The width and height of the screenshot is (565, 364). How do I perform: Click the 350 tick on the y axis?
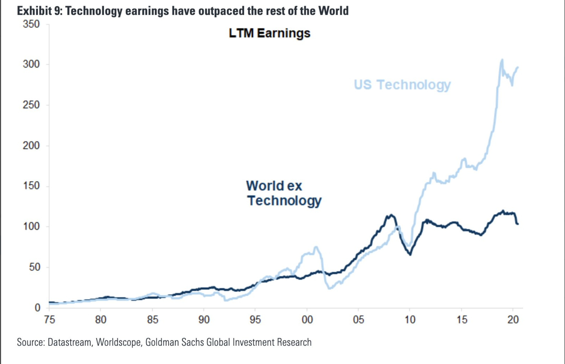(31, 24)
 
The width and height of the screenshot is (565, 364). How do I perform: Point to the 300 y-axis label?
(31, 64)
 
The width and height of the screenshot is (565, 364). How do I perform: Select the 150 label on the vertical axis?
(31, 186)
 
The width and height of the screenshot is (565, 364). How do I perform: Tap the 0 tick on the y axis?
(37, 308)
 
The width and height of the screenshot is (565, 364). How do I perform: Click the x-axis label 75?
(49, 320)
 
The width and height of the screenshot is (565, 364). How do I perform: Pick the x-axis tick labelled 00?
(307, 320)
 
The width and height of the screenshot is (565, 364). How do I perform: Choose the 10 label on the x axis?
(410, 320)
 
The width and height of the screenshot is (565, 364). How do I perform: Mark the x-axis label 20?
(513, 320)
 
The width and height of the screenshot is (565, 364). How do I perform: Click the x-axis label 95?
(255, 320)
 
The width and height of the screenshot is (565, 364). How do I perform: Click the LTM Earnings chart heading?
(269, 33)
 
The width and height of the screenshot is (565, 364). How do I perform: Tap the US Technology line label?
(402, 85)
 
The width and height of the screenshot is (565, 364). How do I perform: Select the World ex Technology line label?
(284, 193)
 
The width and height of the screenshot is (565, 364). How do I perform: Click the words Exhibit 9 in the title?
(39, 11)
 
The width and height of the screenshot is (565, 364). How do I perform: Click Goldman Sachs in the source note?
(175, 342)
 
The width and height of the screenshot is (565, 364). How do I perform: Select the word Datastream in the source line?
(69, 342)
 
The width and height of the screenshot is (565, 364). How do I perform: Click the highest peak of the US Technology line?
(502, 60)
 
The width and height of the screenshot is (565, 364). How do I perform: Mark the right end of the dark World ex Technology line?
(518, 224)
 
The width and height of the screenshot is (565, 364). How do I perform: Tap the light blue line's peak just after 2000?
(316, 247)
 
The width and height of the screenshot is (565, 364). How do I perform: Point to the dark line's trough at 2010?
(410, 254)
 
